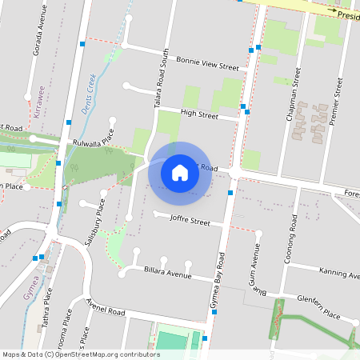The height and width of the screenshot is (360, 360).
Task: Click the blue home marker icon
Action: pos(180,172)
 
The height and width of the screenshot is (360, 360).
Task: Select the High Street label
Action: pos(199,115)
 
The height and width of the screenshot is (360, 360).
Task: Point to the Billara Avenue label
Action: pos(168,274)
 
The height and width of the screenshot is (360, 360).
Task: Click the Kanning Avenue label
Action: pos(338,274)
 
